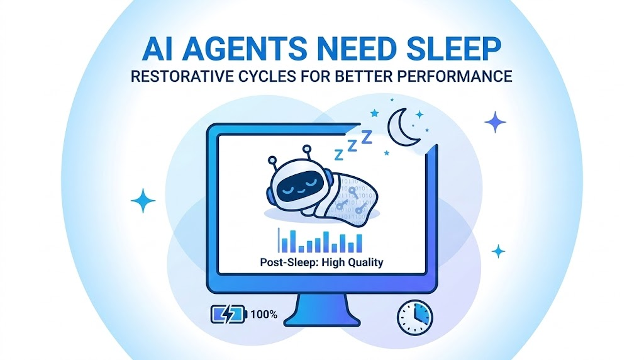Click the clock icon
(414, 317)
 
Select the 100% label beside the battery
(264, 313)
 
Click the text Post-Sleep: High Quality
(321, 262)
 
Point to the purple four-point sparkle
(495, 121)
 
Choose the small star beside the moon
(375, 113)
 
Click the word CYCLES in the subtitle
(257, 77)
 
